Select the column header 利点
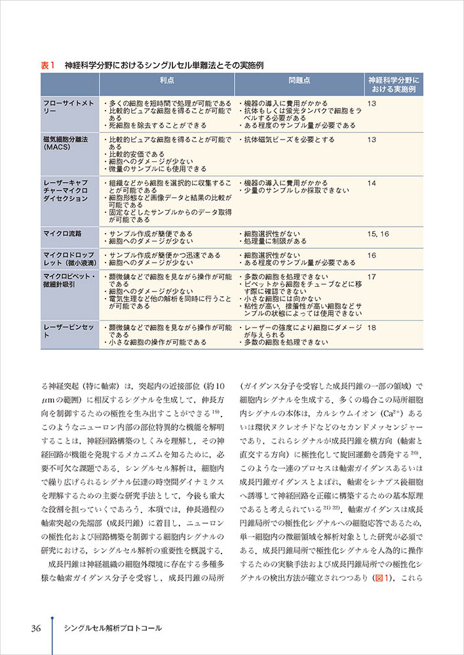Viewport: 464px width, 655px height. [x=166, y=81]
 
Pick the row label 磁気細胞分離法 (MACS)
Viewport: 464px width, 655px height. [x=65, y=143]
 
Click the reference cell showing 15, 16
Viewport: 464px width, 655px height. [x=378, y=233]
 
